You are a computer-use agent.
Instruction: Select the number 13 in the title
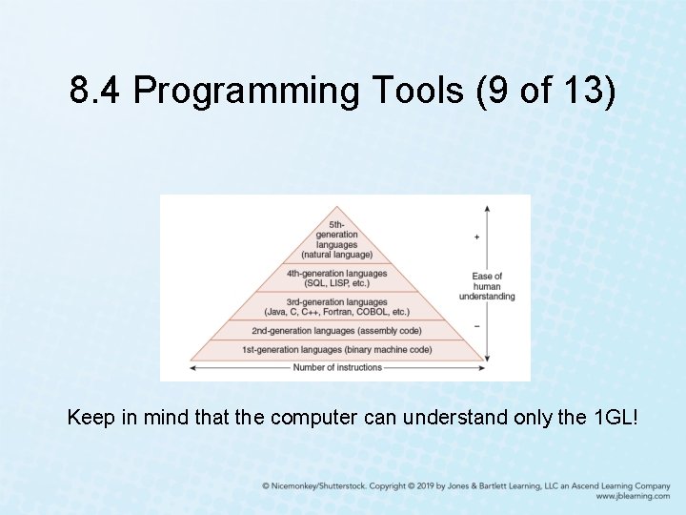590,91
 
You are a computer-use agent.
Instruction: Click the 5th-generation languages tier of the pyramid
336,239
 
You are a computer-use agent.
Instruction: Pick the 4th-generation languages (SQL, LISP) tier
336,278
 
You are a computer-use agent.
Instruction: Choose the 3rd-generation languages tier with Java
336,307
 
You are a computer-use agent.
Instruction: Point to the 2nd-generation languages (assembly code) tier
336,331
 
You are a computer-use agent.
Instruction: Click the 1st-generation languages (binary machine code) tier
336,350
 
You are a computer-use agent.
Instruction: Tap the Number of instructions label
337,367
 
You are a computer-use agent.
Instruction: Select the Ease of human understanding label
487,286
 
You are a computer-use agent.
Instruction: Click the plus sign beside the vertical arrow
476,237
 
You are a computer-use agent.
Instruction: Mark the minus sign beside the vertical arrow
476,326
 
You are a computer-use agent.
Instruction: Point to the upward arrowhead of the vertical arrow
487,207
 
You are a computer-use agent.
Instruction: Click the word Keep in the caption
89,418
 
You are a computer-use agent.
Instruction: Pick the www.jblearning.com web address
633,497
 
